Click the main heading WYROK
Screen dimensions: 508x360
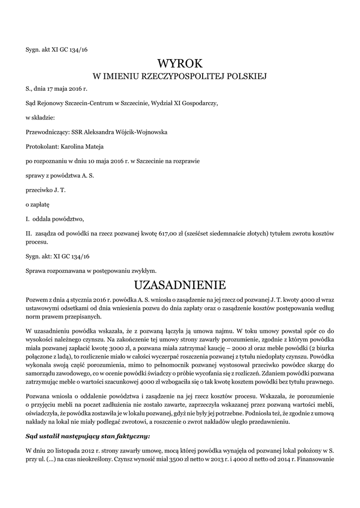tap(180, 63)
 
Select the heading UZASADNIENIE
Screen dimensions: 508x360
tap(180, 285)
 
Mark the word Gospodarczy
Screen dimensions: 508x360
tap(198, 104)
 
